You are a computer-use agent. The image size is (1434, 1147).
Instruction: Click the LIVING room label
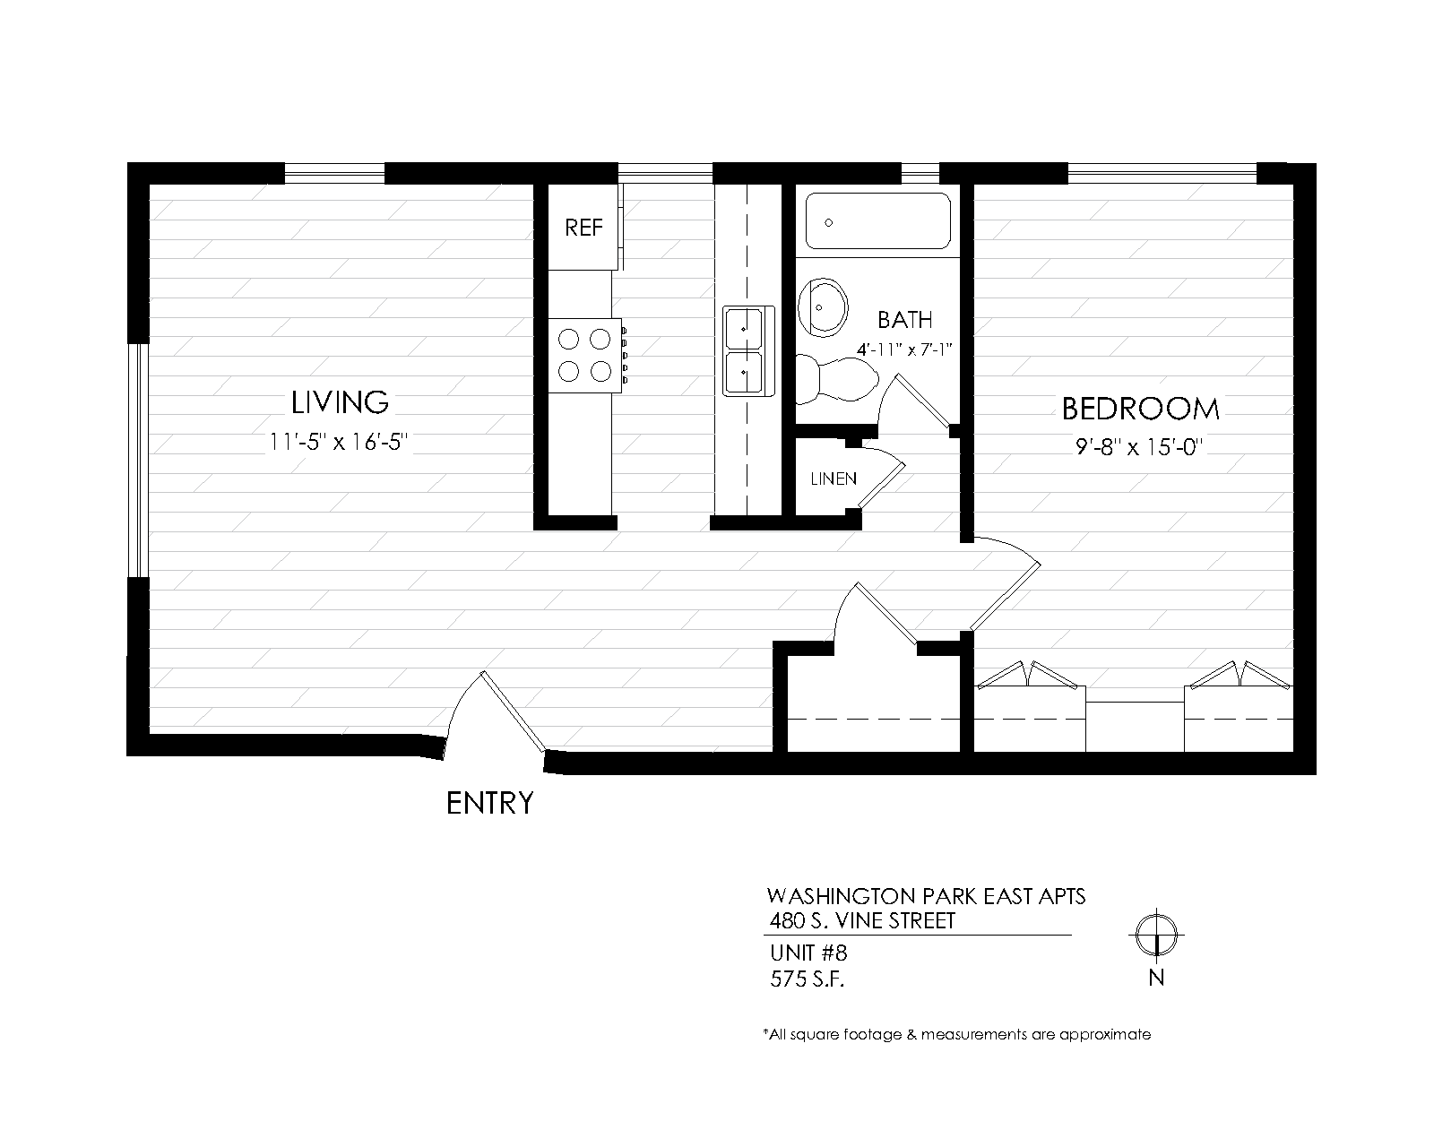click(340, 402)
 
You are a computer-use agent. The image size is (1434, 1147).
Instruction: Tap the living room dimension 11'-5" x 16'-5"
click(339, 442)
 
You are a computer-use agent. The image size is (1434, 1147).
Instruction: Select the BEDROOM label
click(1140, 410)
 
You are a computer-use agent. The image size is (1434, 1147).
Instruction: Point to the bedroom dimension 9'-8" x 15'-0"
click(1139, 446)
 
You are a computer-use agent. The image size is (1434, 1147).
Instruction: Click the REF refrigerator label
click(583, 228)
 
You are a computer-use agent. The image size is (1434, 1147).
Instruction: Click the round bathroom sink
click(823, 308)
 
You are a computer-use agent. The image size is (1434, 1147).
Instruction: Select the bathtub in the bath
click(878, 220)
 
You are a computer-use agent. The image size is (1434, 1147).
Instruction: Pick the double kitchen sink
click(749, 351)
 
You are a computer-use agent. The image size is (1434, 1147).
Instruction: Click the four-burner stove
click(586, 355)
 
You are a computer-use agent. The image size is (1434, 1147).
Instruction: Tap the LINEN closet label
click(834, 479)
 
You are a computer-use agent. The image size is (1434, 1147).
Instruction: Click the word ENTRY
click(489, 803)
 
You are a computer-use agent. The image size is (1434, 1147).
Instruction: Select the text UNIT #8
click(808, 953)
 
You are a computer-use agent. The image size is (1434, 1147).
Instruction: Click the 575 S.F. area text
click(807, 979)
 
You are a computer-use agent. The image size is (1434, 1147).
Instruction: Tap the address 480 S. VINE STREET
click(862, 921)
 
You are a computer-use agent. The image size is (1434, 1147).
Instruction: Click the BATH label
click(904, 320)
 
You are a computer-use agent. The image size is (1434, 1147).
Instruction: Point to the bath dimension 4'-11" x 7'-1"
click(904, 349)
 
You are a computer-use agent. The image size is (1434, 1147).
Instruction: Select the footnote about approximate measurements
click(957, 1034)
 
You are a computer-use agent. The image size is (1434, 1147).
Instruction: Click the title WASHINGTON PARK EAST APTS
click(926, 896)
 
